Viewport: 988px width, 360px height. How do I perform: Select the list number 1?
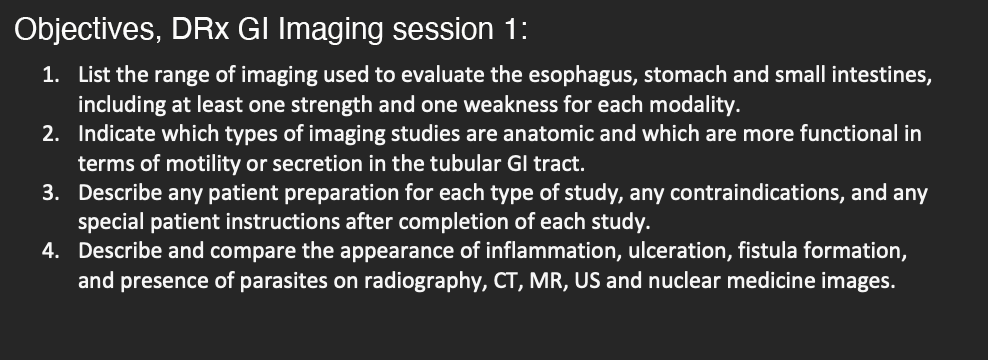(50, 75)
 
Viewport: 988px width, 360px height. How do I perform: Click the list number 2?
(50, 134)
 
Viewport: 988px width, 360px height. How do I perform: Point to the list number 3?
(50, 192)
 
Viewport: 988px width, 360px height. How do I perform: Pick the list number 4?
(50, 251)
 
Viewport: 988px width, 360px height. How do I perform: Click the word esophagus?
(582, 76)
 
